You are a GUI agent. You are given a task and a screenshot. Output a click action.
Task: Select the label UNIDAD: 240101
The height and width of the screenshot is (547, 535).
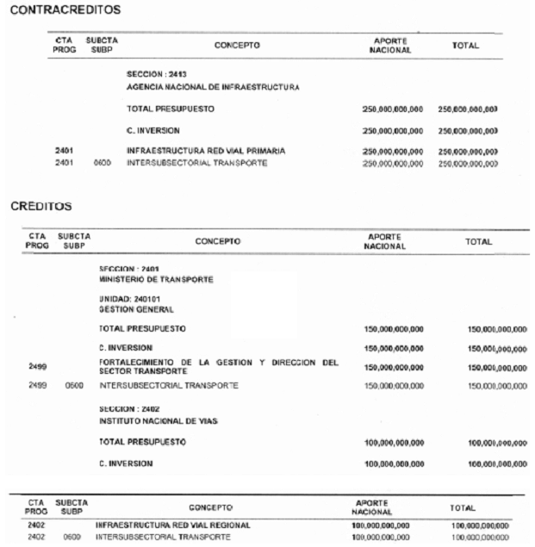point(129,298)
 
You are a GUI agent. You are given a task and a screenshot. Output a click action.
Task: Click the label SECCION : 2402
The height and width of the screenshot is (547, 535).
point(130,407)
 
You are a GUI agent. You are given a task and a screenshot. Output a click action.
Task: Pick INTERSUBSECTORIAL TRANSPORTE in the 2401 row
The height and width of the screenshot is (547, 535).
point(193,162)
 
